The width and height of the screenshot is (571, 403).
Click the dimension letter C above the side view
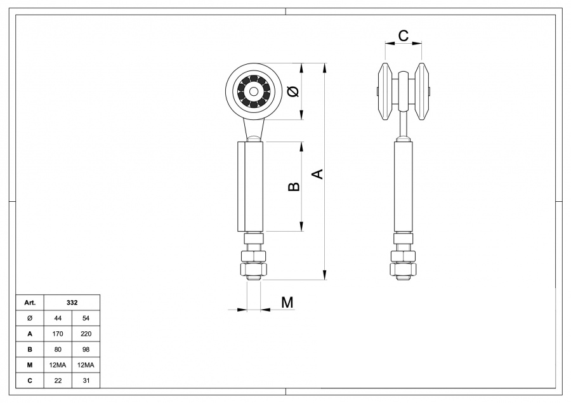click(x=403, y=36)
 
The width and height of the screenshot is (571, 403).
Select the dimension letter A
click(x=319, y=173)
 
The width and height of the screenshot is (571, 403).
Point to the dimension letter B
click(x=293, y=186)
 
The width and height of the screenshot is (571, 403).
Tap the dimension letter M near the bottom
click(x=287, y=302)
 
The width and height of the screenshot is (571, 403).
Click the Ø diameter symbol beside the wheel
click(x=292, y=91)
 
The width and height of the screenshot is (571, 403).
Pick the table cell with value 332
click(x=72, y=303)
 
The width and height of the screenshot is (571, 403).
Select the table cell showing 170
click(x=58, y=333)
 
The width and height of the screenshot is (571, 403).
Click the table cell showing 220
click(x=86, y=333)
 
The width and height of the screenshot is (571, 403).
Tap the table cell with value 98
click(x=86, y=349)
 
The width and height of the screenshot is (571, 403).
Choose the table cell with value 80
click(x=58, y=349)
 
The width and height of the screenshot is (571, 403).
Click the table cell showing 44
click(x=58, y=318)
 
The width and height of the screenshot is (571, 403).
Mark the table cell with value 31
click(x=86, y=380)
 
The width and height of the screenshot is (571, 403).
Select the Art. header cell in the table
click(x=30, y=303)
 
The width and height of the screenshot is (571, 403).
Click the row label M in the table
click(x=30, y=365)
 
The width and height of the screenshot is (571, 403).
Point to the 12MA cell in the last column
click(x=86, y=365)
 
